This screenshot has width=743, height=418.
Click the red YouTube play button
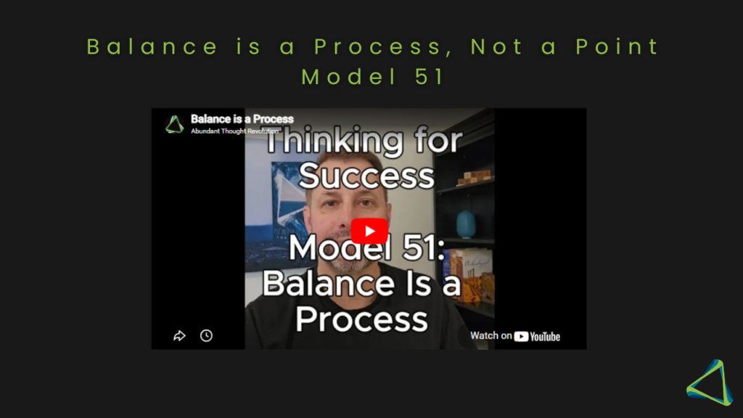(x=369, y=231)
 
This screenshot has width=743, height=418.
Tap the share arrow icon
(x=179, y=335)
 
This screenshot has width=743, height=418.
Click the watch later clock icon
(x=206, y=335)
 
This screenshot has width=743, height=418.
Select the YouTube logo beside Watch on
(x=537, y=337)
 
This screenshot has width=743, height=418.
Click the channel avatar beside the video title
(x=174, y=124)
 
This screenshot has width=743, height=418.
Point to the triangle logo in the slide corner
(x=710, y=382)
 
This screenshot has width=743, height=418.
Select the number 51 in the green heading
(x=430, y=77)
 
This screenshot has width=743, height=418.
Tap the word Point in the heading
(x=617, y=47)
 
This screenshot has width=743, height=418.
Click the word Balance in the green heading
(x=152, y=47)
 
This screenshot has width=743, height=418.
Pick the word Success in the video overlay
(x=366, y=176)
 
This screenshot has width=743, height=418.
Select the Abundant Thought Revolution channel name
(x=234, y=131)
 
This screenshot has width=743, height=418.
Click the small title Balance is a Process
(x=242, y=119)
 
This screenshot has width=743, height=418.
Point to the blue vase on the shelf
(x=466, y=224)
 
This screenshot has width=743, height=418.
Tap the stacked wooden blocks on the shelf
(x=474, y=177)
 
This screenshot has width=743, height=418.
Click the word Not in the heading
(x=497, y=47)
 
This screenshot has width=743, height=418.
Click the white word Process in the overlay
(x=361, y=319)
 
